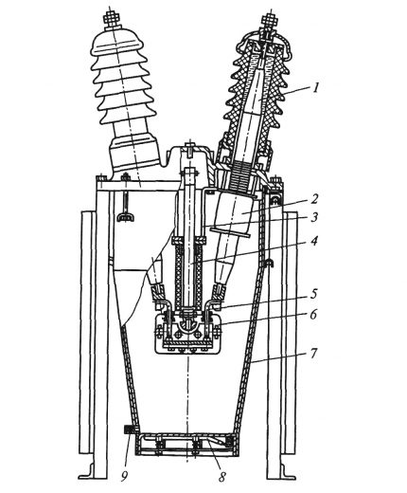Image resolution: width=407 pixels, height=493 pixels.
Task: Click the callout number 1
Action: point(316,87)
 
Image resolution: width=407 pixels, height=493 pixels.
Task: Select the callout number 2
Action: point(314,199)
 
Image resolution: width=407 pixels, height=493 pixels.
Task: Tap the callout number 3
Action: point(313,217)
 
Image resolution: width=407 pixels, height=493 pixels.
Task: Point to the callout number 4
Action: point(313,242)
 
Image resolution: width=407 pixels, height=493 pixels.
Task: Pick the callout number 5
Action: point(313,294)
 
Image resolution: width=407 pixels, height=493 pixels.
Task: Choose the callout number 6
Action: point(313,315)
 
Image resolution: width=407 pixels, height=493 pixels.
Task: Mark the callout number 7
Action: point(312,354)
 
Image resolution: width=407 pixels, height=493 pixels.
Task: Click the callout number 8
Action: point(222,477)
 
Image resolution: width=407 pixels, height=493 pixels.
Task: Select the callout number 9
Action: point(124,477)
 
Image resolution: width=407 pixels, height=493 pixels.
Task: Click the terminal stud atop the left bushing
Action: point(112,19)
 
